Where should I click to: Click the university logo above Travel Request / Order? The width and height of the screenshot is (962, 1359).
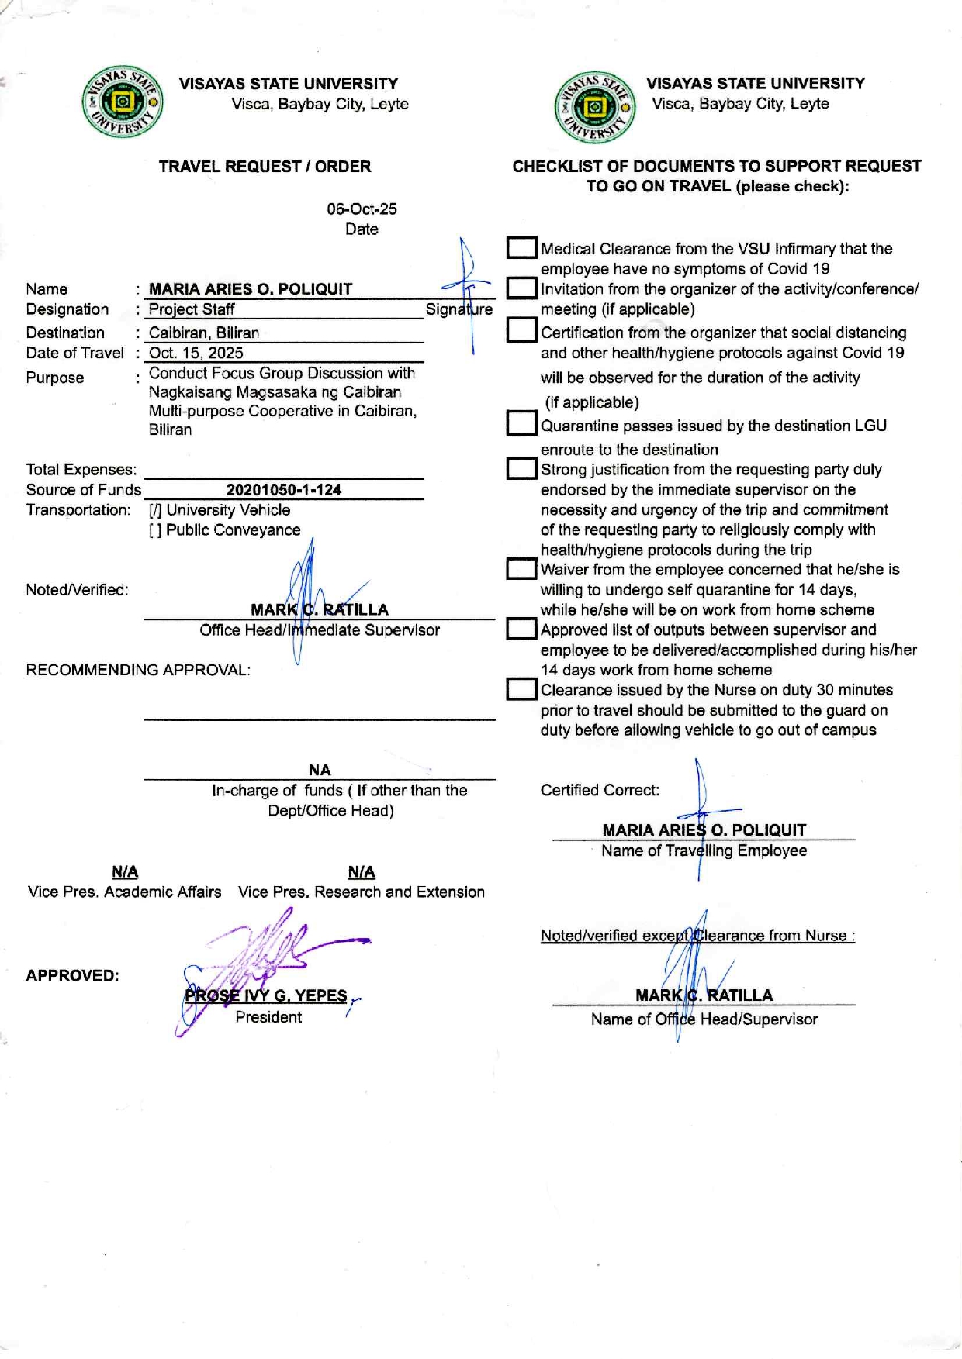point(123,102)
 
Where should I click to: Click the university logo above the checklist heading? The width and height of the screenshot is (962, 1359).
point(594,108)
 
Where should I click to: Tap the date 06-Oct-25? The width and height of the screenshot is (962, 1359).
point(362,209)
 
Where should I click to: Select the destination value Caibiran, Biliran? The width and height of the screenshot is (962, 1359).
point(204,333)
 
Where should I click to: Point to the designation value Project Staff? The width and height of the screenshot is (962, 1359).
point(192,309)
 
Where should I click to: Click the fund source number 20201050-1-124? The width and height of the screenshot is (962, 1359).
point(284,490)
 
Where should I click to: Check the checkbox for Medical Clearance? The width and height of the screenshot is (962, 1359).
point(521,248)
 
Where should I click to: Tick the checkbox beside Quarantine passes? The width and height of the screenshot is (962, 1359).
point(521,424)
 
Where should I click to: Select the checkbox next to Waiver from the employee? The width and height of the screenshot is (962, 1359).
point(521,569)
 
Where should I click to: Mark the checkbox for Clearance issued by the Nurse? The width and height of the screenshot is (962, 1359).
point(521,689)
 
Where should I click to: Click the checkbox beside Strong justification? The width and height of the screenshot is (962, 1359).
point(521,469)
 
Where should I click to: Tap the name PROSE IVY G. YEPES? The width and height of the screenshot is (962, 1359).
point(266,996)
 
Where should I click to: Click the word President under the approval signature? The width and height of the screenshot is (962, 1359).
point(268,1017)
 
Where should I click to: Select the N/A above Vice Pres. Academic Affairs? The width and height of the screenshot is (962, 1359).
point(125,872)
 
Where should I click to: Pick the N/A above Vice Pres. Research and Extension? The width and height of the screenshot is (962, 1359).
point(362,872)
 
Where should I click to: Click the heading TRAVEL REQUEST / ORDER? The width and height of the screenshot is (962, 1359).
point(265,167)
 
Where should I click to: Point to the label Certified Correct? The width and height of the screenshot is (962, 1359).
point(600,791)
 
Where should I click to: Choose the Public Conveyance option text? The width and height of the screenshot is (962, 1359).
point(234,530)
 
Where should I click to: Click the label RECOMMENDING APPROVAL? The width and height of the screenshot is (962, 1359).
point(138,670)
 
